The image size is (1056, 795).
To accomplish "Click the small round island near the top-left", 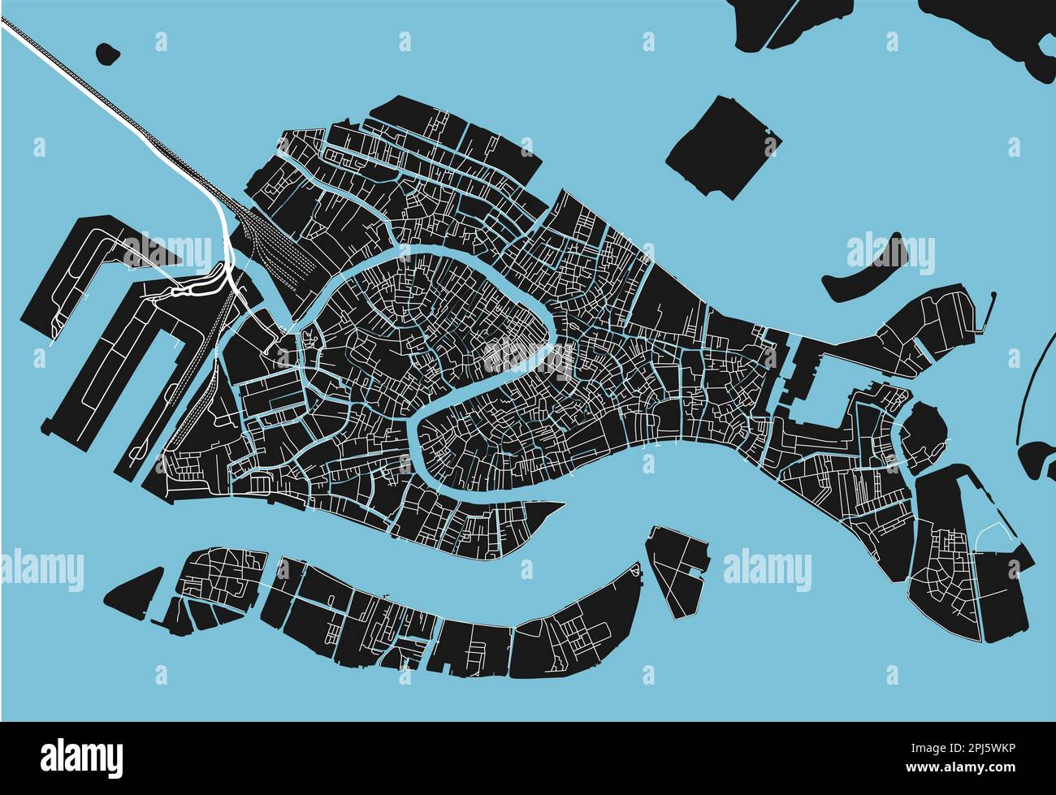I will click(x=106, y=54).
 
